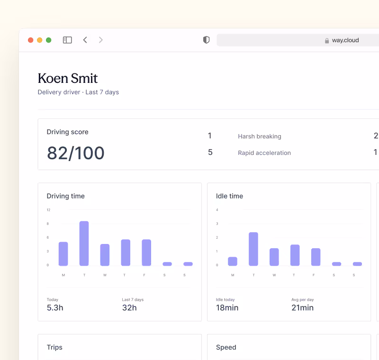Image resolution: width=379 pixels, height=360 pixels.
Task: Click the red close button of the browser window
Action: (x=30, y=40)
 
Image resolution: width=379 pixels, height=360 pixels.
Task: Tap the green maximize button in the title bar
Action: (x=48, y=40)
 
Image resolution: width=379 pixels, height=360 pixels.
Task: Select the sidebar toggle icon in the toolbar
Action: (x=67, y=40)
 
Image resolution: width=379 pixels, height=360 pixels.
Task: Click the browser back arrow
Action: (x=85, y=40)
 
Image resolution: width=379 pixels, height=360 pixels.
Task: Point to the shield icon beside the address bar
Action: (x=206, y=40)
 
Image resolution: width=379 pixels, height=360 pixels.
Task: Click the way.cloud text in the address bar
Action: (x=345, y=41)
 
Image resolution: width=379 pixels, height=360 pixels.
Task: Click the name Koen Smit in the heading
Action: (x=68, y=78)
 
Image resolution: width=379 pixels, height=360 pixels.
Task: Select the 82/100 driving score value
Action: (x=75, y=153)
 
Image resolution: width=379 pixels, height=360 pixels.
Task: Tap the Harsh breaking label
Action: (x=259, y=136)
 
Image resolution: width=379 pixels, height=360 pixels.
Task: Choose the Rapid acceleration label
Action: (x=264, y=153)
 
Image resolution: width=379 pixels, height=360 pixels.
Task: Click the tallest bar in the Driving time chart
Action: (x=84, y=243)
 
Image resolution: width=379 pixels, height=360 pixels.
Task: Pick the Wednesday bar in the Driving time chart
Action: (x=105, y=255)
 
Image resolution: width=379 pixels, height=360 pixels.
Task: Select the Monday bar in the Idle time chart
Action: (x=233, y=261)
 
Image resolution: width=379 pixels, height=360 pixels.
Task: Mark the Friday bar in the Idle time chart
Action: (x=316, y=257)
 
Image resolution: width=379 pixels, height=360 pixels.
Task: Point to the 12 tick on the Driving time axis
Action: (x=48, y=210)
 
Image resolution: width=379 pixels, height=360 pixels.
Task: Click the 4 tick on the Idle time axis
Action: (x=217, y=210)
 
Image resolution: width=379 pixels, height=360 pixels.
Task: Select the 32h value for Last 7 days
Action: (x=129, y=308)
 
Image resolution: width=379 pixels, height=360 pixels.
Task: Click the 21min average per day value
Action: (x=302, y=308)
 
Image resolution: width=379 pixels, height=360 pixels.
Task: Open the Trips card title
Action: (x=54, y=347)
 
